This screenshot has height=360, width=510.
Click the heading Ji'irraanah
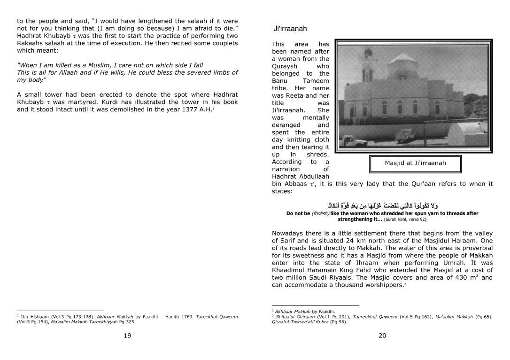290,29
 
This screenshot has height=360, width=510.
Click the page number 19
127,335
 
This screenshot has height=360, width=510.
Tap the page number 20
382,335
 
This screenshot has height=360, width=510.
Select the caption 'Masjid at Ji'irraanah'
415,163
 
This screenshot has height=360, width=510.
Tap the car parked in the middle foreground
405,136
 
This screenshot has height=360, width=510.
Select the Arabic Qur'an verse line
382,205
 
